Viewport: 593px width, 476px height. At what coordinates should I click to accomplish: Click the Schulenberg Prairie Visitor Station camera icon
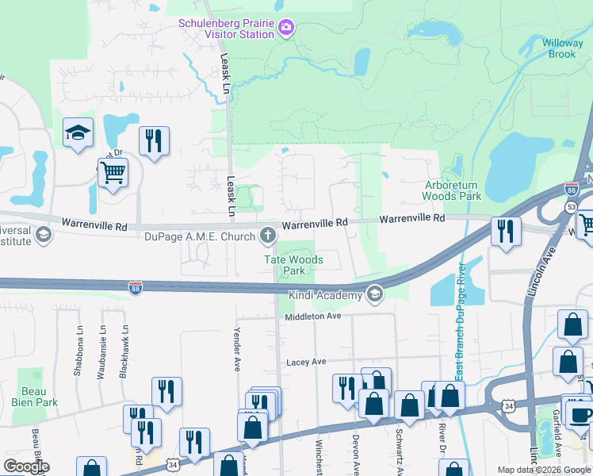286,29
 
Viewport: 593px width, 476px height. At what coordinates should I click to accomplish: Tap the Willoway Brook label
562,48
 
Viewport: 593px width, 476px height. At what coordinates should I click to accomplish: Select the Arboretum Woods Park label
451,190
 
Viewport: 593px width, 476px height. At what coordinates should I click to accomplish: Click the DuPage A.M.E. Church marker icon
268,234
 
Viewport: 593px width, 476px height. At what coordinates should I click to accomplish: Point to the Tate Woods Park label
294,264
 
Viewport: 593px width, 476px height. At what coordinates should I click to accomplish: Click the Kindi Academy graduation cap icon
375,295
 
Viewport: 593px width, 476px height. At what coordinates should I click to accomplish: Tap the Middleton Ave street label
313,316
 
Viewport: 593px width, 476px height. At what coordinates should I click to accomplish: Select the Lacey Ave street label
307,362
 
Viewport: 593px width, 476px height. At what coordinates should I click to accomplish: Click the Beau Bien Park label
35,397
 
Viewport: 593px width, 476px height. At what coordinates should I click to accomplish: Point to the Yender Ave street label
236,351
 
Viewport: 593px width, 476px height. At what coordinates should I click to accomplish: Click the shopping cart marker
113,171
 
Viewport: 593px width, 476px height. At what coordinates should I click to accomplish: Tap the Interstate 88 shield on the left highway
136,286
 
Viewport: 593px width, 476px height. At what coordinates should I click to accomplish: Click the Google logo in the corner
26,466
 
